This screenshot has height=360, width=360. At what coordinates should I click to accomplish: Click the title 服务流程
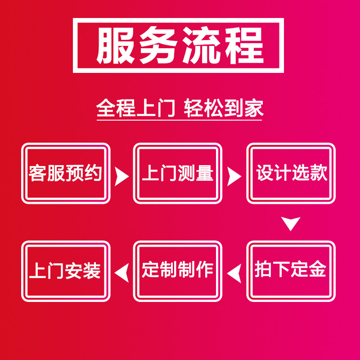179,45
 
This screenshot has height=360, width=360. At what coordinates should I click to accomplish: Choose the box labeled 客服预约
66,173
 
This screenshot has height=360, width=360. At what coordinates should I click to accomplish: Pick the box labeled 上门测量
178,173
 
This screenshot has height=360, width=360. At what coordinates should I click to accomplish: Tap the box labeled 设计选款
291,173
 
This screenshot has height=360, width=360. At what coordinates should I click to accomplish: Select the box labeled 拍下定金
291,271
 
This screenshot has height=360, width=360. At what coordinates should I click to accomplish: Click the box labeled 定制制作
178,271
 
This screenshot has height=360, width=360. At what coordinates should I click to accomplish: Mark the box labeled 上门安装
66,271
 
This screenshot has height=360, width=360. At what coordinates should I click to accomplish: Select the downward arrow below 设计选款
291,223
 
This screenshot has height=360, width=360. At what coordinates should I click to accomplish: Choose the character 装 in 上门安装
92,271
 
